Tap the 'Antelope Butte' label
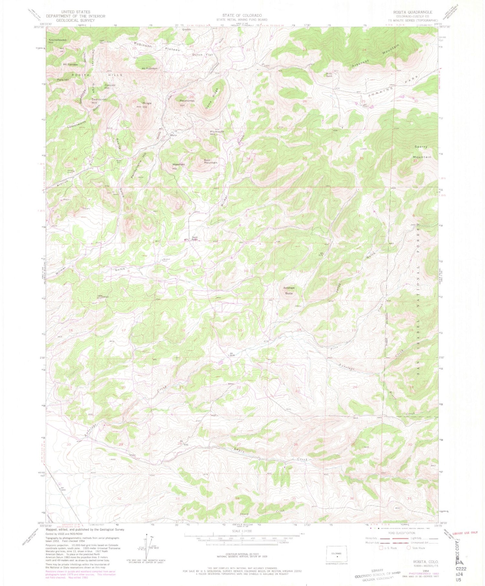coord(289,290)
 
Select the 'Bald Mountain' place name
coord(210,161)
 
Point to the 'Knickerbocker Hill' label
coord(57,41)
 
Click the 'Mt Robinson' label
coord(150,69)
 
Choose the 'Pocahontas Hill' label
coord(187,103)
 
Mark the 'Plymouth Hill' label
coord(217,133)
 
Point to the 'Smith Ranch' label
coord(195,239)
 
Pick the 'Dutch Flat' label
coord(202,55)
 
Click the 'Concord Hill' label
coord(110,86)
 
